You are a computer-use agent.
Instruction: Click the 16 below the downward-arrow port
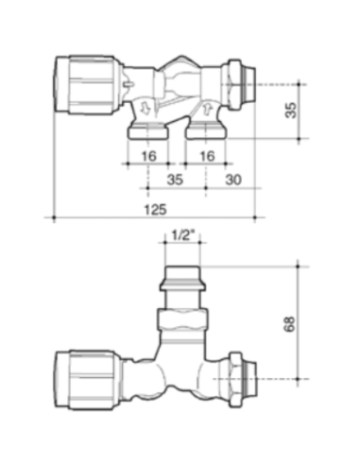(x=147, y=154)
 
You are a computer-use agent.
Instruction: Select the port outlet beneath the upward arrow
(x=205, y=131)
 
